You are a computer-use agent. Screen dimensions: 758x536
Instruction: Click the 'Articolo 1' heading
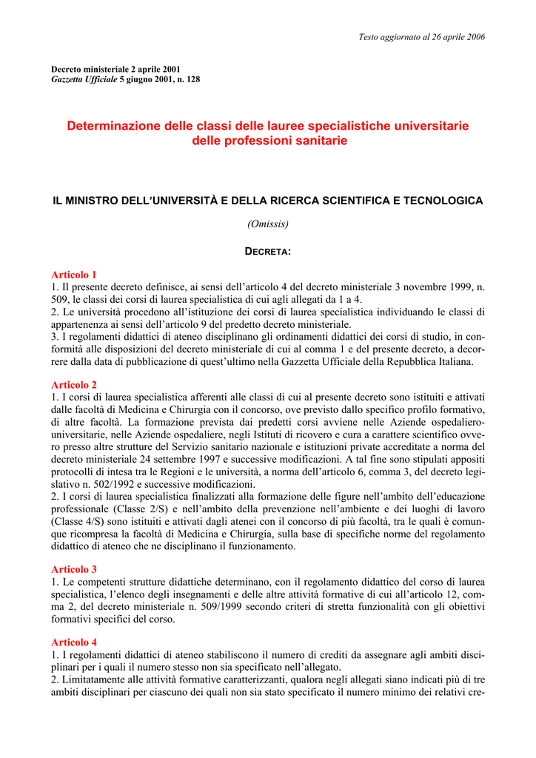coord(74,274)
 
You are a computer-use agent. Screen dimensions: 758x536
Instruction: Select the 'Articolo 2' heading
coord(74,385)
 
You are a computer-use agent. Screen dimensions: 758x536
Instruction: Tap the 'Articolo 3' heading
coord(74,569)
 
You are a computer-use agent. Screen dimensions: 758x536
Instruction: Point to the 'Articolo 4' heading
coord(74,643)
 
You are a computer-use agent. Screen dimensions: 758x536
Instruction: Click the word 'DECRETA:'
coord(268,252)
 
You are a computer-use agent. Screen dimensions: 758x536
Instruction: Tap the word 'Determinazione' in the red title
coord(111,126)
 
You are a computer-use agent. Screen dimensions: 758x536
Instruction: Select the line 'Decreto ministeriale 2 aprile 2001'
coord(115,69)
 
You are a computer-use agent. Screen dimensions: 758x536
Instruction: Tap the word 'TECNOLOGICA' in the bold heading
coord(440,201)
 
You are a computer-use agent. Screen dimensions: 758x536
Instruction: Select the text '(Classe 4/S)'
coord(78,522)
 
